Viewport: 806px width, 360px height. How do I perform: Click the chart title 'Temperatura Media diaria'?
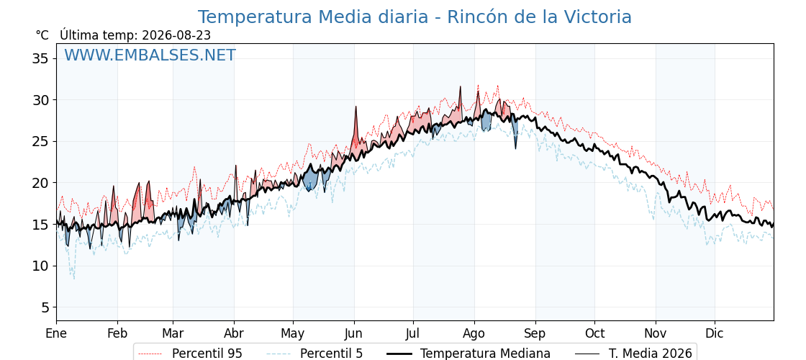[312, 17]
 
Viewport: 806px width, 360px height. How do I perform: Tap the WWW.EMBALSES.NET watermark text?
[150, 55]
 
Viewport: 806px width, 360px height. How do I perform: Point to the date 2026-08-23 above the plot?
[176, 35]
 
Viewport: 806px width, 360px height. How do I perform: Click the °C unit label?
[42, 35]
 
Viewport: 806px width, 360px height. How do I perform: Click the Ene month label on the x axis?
[56, 333]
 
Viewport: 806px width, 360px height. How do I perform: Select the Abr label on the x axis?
[234, 333]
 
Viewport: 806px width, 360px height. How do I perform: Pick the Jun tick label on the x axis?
[353, 333]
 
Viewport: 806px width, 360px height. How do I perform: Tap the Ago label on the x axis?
[474, 333]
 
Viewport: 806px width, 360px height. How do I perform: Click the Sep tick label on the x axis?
[535, 333]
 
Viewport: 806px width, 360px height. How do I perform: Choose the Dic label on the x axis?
[715, 333]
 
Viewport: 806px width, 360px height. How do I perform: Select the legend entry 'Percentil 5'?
[314, 354]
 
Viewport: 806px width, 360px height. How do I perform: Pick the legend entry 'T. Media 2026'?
[633, 354]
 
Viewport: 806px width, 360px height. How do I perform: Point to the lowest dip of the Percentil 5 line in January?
[73, 278]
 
